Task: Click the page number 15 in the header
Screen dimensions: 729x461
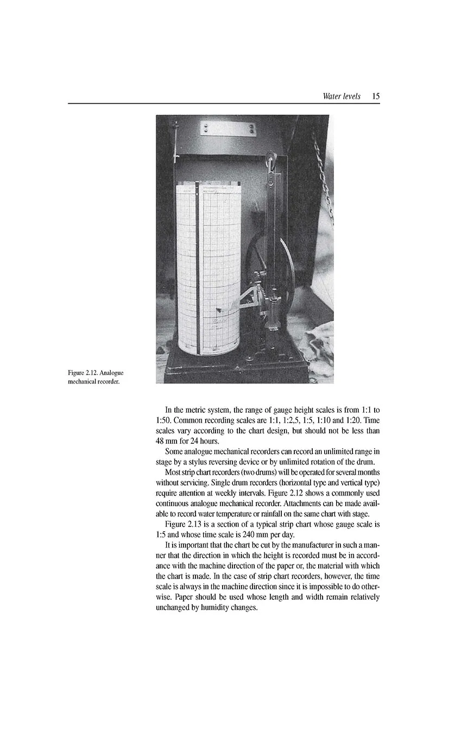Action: pyautogui.click(x=376, y=96)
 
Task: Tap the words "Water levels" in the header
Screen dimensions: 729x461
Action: pyautogui.click(x=341, y=96)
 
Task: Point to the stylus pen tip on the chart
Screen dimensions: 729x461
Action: pyautogui.click(x=218, y=311)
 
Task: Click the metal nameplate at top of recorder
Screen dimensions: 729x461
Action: pyautogui.click(x=228, y=128)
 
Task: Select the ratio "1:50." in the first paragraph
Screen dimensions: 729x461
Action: pyautogui.click(x=165, y=420)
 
